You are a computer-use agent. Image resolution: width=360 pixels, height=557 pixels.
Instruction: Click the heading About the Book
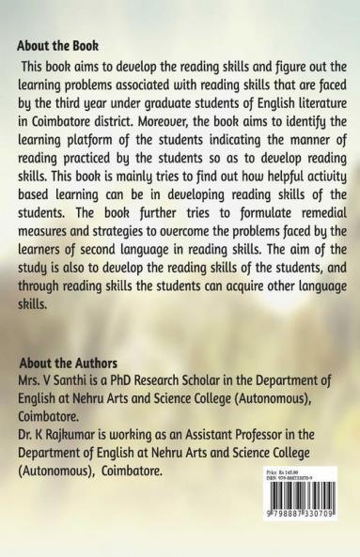pos(58,45)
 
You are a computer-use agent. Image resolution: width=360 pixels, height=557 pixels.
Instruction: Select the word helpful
pos(272,173)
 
